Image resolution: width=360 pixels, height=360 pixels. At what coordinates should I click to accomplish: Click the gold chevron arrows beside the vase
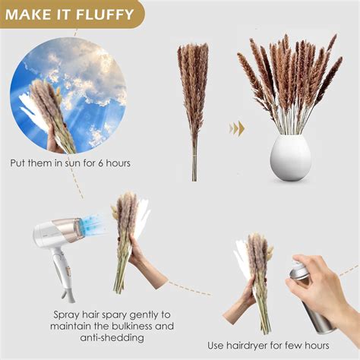[x=238, y=128]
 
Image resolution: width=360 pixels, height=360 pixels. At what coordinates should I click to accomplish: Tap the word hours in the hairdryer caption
[x=332, y=346]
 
